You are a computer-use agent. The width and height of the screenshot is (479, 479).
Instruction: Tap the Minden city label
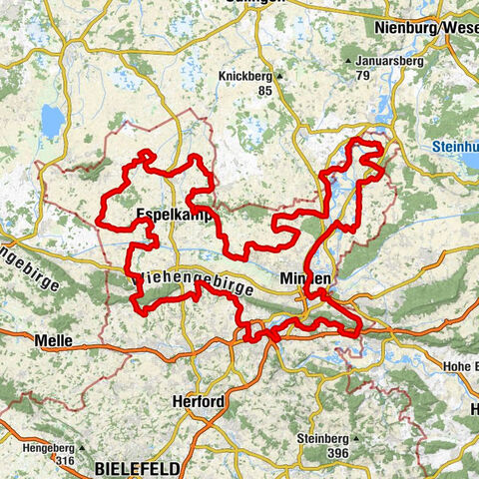point(304,278)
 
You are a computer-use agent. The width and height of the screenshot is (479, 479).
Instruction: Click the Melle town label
point(53,341)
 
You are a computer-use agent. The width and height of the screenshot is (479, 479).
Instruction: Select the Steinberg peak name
point(321,438)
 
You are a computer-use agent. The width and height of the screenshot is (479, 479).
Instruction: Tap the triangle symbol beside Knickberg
point(281,76)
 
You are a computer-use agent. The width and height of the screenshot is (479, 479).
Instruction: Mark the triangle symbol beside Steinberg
point(353,438)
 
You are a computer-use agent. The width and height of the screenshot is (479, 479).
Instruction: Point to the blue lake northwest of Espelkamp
point(52,122)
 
